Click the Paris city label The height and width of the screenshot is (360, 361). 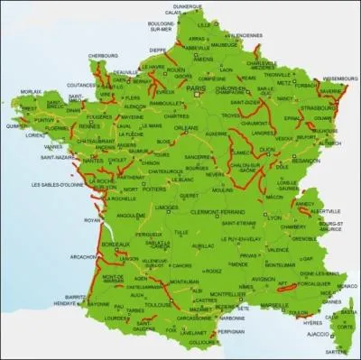(196, 88)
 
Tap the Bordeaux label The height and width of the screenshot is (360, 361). (117, 245)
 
